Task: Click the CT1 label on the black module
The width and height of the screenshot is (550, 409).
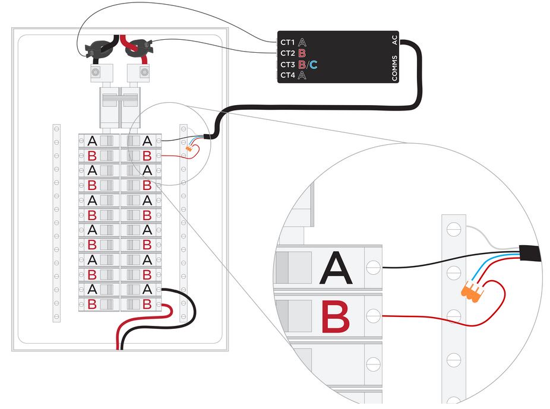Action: point(287,42)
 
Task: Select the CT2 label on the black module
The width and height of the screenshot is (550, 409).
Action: point(287,53)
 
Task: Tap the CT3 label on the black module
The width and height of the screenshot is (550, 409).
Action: point(287,65)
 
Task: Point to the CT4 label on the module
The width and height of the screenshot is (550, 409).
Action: point(287,75)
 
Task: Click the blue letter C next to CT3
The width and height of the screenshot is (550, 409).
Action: point(313,65)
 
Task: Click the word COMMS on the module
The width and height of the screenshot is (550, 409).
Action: point(394,68)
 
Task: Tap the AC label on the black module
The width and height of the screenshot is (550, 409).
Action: point(394,40)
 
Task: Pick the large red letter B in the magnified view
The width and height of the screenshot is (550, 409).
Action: point(336,316)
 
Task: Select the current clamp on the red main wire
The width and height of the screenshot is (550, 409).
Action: point(139,48)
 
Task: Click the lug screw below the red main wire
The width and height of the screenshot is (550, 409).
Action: point(144,72)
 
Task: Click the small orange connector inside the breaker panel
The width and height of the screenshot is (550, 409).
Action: point(189,149)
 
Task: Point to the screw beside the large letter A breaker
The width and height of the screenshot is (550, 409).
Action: point(373,267)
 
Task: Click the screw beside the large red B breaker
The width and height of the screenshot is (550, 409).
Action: point(373,316)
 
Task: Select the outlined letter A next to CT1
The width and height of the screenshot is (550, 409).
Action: point(302,42)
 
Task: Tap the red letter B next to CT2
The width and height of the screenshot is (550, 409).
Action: point(302,53)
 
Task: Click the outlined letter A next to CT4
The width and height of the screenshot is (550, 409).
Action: point(302,75)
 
